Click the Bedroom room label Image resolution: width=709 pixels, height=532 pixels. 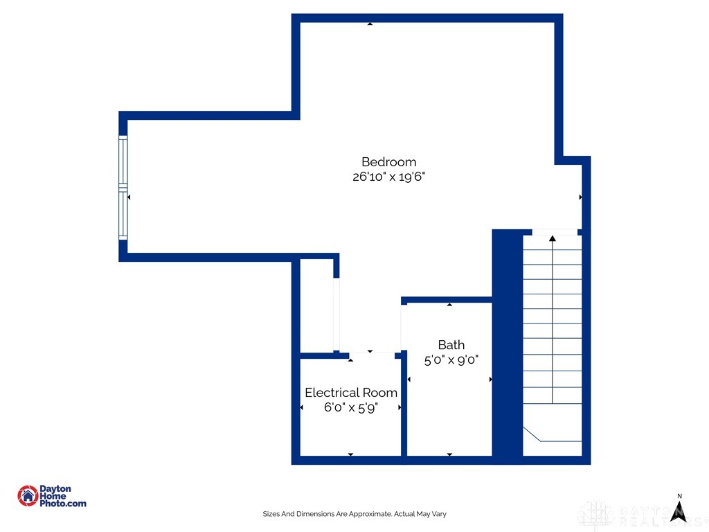(x=388, y=162)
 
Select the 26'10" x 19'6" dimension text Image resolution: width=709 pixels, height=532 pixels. (x=388, y=177)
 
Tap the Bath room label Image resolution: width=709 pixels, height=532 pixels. (x=451, y=345)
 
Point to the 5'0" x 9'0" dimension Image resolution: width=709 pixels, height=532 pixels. (x=451, y=360)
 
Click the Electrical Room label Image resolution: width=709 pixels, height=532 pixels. (x=351, y=393)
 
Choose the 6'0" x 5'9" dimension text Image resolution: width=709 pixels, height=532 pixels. (x=351, y=408)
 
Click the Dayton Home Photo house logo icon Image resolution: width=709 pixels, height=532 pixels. (x=28, y=495)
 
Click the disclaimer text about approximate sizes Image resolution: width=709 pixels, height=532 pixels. (x=354, y=514)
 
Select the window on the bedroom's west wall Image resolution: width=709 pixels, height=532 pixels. (x=123, y=188)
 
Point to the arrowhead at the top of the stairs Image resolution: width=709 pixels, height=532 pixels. (x=553, y=239)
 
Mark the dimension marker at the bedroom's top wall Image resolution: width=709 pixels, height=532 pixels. (x=370, y=24)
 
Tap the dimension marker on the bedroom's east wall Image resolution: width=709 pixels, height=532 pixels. (x=580, y=197)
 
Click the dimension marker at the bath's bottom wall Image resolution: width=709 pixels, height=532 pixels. (x=449, y=454)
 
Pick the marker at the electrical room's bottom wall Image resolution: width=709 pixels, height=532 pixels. (x=350, y=454)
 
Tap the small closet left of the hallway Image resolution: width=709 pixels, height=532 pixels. (x=316, y=305)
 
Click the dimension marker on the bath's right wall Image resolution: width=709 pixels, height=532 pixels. (x=491, y=380)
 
